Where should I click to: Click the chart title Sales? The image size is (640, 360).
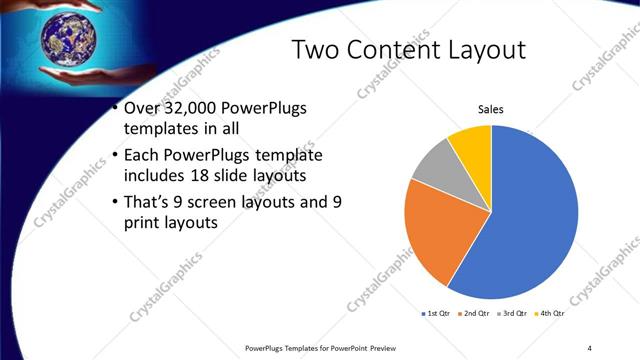pyautogui.click(x=490, y=109)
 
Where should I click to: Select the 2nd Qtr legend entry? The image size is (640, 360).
pyautogui.click(x=476, y=314)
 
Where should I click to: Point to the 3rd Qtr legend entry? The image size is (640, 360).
pyautogui.click(x=513, y=314)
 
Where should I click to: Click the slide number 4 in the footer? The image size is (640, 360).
pyautogui.click(x=590, y=347)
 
